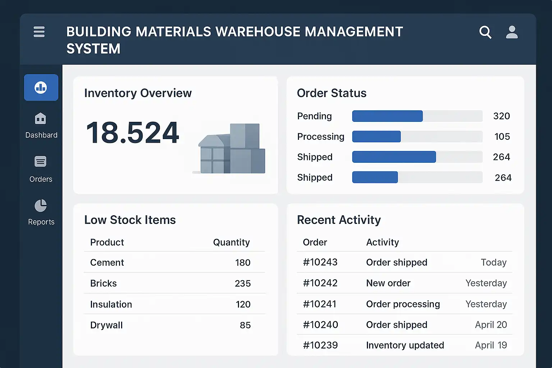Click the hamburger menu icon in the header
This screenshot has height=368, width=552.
39,32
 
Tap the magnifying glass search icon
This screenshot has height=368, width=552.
485,32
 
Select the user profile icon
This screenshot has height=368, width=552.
512,32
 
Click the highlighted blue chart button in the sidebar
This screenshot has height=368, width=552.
41,87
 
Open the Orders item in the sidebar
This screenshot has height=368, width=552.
41,169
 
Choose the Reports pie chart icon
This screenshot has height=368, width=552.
41,206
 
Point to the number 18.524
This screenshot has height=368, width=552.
133,133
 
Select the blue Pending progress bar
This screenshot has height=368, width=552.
387,116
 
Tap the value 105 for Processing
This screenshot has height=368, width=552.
502,137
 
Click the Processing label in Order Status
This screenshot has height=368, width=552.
321,137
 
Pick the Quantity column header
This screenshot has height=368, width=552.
231,242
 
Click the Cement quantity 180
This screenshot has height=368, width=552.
243,263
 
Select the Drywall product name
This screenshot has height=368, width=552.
106,325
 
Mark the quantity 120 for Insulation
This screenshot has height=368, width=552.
243,304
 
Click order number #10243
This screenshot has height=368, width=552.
320,262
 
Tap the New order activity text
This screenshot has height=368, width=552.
388,283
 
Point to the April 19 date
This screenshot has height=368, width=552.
491,345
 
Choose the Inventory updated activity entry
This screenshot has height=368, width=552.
405,345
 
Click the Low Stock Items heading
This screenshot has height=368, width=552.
130,220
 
